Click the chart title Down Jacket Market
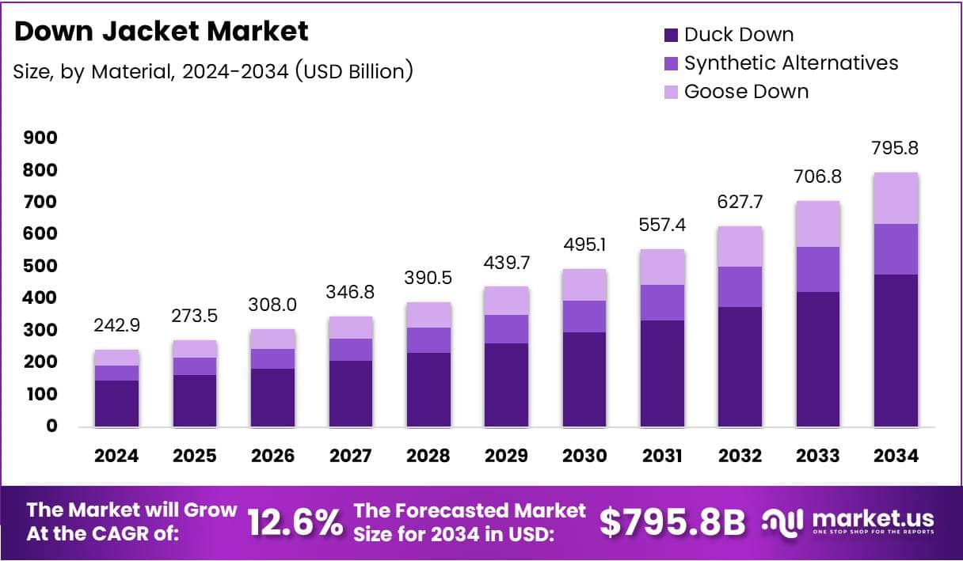click(x=161, y=32)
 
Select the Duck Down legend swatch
click(x=671, y=35)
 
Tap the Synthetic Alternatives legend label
click(x=791, y=63)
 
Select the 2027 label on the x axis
click(x=350, y=457)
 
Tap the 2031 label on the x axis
click(x=662, y=457)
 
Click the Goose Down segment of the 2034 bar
click(x=896, y=198)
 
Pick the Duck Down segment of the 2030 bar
click(x=584, y=379)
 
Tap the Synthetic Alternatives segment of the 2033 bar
click(x=818, y=269)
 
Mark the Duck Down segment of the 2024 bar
click(x=116, y=404)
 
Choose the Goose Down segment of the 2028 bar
click(x=428, y=315)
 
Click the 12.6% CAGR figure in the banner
click(x=295, y=522)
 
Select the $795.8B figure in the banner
click(x=672, y=522)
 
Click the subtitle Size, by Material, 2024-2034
click(x=213, y=71)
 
